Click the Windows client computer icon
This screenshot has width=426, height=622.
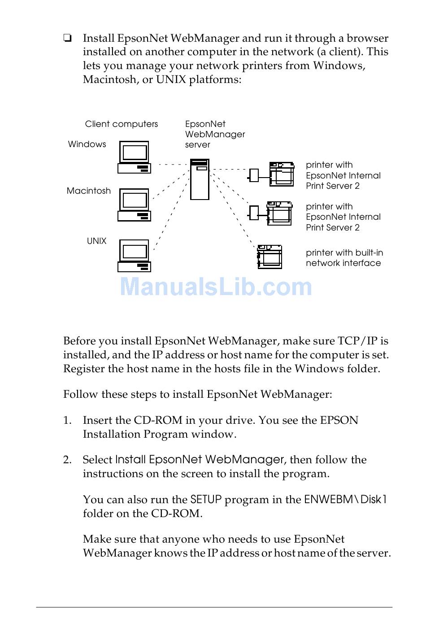pos(134,157)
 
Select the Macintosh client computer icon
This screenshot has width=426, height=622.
pos(134,205)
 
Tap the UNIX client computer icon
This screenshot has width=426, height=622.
pos(134,256)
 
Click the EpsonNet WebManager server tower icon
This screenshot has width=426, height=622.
pos(200,179)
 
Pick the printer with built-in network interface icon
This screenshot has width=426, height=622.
pos(270,257)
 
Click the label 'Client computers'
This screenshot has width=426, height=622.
pos(122,124)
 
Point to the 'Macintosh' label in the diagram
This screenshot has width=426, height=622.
pos(89,191)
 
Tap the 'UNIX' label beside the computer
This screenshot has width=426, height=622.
pos(97,241)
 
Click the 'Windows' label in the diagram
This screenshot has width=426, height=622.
pos(87,144)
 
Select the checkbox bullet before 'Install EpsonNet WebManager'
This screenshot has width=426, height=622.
pos(67,38)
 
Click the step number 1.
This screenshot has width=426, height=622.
pos(67,420)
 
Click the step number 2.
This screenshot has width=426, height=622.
pos(67,460)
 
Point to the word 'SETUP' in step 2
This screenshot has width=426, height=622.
pos(206,500)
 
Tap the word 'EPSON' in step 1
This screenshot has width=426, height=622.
pos(339,420)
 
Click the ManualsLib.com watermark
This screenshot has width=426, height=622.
pos(216,287)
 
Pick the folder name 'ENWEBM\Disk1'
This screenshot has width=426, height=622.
pos(345,500)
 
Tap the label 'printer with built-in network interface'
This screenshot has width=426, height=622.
pos(344,258)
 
